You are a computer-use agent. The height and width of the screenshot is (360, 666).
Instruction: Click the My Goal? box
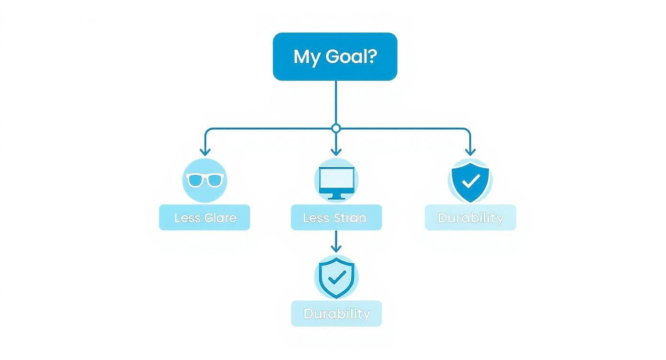[335, 56]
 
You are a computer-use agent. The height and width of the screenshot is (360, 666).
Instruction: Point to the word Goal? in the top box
[348, 57]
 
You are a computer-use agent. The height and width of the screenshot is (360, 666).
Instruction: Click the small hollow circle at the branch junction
[336, 128]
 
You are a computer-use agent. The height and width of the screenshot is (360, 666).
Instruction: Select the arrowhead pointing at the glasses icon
[205, 152]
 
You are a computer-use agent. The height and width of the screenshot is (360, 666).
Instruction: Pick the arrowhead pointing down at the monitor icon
[336, 152]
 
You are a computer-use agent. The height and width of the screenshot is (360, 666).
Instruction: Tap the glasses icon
[205, 180]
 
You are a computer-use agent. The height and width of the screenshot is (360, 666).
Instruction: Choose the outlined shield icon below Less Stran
[336, 277]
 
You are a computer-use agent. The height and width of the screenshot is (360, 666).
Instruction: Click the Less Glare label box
[204, 218]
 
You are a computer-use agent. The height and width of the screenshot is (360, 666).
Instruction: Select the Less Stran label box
[336, 218]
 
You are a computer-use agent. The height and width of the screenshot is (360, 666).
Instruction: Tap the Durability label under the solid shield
[470, 218]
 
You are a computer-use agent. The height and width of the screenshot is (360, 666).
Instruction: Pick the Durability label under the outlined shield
[336, 314]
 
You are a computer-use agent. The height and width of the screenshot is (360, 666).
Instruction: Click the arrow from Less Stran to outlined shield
[336, 241]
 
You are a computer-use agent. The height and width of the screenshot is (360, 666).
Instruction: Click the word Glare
[220, 218]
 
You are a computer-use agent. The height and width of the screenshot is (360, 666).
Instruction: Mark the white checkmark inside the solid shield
[472, 180]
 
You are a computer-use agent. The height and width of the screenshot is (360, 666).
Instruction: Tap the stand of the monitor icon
[336, 196]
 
